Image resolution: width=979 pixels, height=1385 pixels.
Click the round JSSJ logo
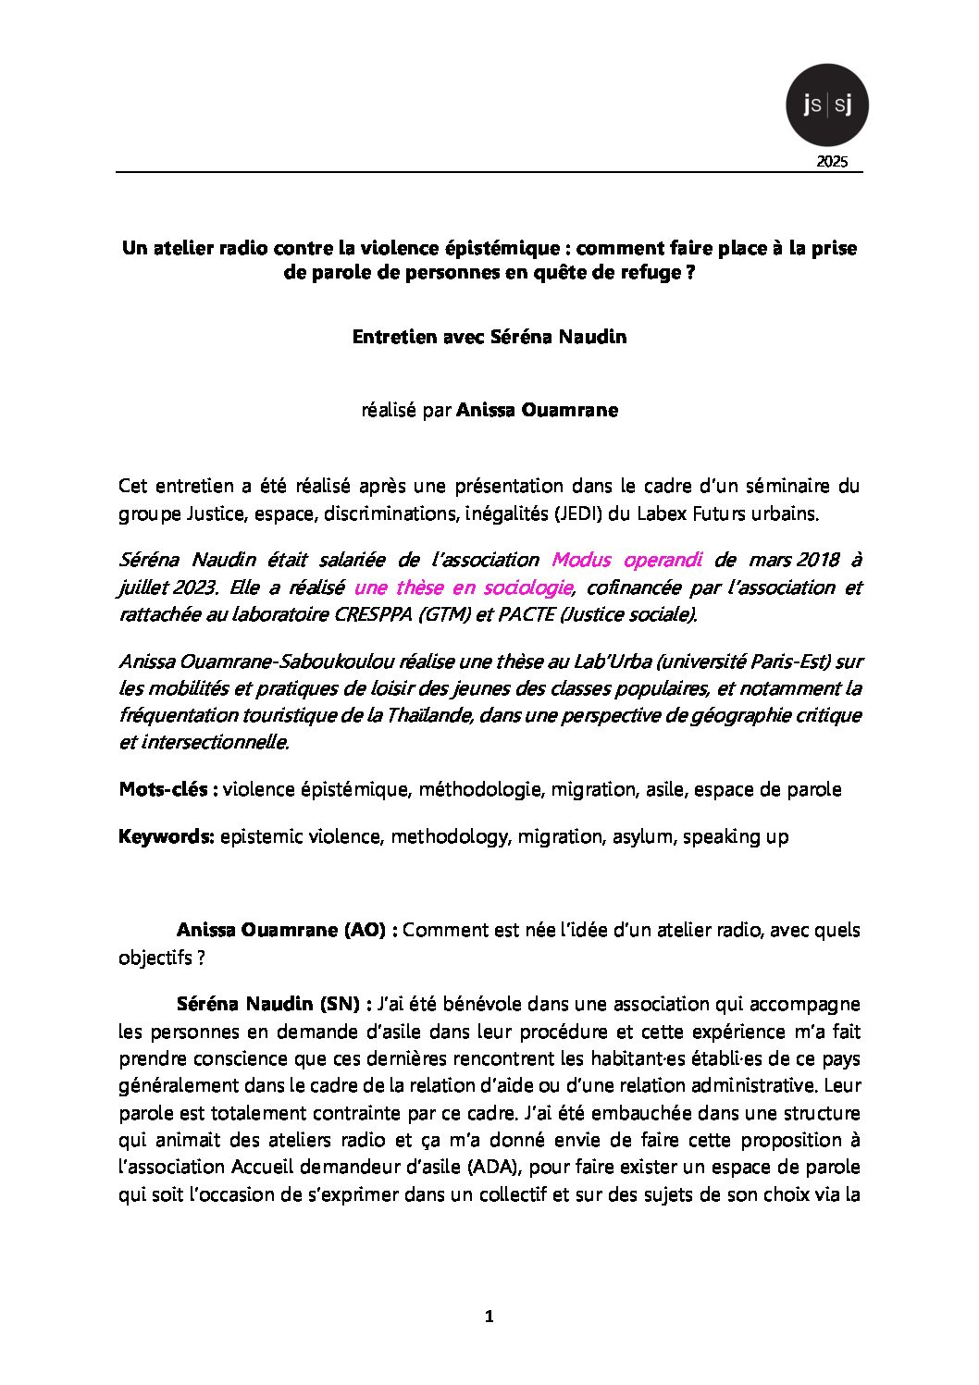click(826, 105)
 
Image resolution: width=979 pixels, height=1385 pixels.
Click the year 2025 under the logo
click(832, 163)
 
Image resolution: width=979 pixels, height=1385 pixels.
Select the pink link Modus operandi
click(626, 560)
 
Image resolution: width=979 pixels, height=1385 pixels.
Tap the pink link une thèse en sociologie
click(463, 587)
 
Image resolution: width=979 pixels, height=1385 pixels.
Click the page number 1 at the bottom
click(489, 1317)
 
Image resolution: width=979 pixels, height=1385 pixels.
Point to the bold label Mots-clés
click(167, 789)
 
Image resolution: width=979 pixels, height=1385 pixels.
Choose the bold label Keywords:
click(167, 836)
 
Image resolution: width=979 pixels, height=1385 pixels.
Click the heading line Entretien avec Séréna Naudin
click(489, 337)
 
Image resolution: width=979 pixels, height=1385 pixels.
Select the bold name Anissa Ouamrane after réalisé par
click(537, 410)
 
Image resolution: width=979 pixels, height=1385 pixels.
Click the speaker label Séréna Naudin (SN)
click(274, 1004)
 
